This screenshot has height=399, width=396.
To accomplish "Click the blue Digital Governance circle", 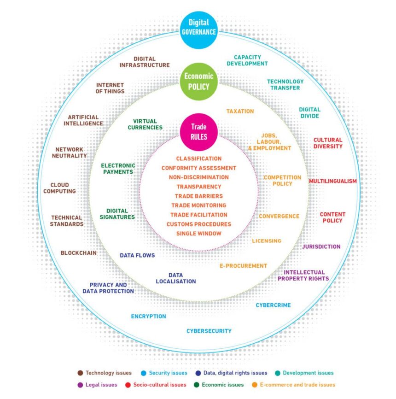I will [198, 27].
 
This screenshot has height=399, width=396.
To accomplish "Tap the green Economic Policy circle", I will [198, 82].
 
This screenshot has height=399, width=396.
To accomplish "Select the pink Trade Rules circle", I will [199, 131].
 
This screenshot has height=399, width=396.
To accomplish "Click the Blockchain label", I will [78, 253].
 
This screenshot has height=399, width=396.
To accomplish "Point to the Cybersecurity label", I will [209, 331].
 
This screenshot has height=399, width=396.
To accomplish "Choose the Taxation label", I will [240, 111].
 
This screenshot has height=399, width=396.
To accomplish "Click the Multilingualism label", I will [332, 181].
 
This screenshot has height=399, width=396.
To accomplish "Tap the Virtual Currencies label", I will [145, 124].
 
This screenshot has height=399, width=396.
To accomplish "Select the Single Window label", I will [199, 234].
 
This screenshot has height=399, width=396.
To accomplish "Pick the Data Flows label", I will [137, 255].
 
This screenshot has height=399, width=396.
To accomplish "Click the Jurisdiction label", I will [321, 246].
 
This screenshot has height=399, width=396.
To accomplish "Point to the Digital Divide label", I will [309, 113].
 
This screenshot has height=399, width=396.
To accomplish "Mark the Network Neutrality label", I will [71, 153].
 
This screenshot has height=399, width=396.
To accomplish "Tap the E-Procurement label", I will [243, 266].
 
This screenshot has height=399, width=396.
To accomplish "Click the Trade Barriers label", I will [198, 196].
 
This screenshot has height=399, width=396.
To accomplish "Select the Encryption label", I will [148, 317].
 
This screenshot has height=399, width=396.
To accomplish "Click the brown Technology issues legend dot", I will [80, 373].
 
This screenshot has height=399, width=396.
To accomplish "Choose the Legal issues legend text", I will [101, 385].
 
